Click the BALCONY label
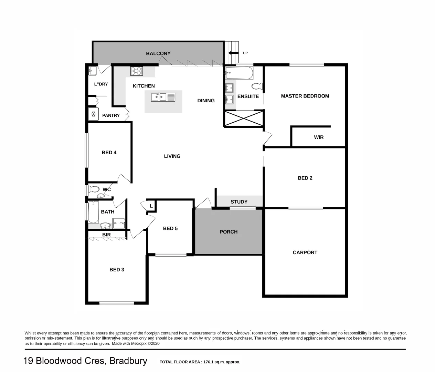point(158,53)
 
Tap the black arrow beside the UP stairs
point(233,53)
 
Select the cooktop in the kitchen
point(137,71)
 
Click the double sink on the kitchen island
point(163,97)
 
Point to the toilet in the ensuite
point(257,86)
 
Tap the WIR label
point(319,137)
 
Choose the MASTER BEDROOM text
point(305,96)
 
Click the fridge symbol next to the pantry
point(93,114)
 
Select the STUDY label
point(239,202)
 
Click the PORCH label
point(229,232)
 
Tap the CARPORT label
point(305,252)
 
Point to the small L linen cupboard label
point(151,206)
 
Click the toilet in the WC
point(94,189)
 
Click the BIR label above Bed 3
point(106,235)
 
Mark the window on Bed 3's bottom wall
point(116,303)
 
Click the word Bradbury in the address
point(128,361)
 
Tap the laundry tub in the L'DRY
point(92,71)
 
